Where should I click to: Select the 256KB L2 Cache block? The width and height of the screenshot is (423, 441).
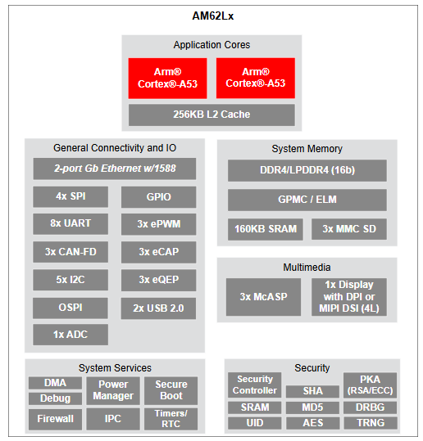[x=211, y=115]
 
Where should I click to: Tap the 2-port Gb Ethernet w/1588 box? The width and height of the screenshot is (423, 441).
[x=115, y=169]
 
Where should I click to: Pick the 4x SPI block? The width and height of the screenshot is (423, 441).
[x=70, y=197]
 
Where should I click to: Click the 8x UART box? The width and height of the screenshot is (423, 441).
[x=70, y=224]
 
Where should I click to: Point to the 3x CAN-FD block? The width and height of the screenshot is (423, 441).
[x=70, y=252]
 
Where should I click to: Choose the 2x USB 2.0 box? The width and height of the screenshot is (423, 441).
[x=158, y=308]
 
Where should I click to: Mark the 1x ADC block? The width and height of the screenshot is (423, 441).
[x=70, y=335]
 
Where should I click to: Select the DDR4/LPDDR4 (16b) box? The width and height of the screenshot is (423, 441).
[x=307, y=171]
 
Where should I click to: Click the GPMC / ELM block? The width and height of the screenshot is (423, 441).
[x=307, y=200]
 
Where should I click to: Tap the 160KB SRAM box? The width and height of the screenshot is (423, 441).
[x=266, y=229]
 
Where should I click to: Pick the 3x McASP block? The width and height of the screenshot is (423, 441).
[x=263, y=297]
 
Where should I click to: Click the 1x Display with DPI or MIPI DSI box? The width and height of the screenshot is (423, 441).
[x=349, y=297]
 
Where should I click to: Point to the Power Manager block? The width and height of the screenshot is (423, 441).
[x=113, y=390]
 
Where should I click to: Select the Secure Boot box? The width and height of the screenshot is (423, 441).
[x=171, y=390]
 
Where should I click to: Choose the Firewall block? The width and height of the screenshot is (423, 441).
[x=55, y=419]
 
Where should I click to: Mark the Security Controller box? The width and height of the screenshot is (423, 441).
[x=255, y=385]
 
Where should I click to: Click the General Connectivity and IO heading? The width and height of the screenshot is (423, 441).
[x=115, y=148]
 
